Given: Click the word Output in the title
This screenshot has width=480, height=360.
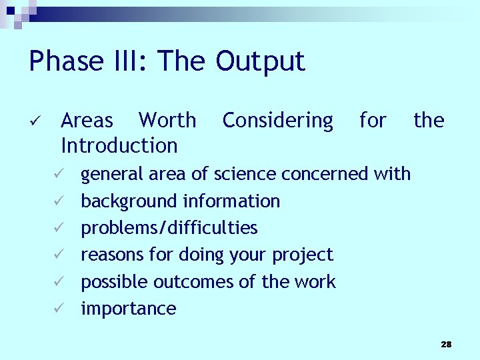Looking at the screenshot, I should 260,61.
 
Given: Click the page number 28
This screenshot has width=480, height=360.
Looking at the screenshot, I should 446,344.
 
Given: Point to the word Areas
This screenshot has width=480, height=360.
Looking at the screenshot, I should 87,121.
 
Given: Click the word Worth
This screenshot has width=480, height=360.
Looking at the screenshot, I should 167,121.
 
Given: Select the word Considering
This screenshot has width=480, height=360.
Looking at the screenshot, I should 277,121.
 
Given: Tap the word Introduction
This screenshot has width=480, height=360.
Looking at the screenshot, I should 119,145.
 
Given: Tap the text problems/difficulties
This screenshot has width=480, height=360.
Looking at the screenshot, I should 169,228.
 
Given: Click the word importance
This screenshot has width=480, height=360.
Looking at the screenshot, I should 128,309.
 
